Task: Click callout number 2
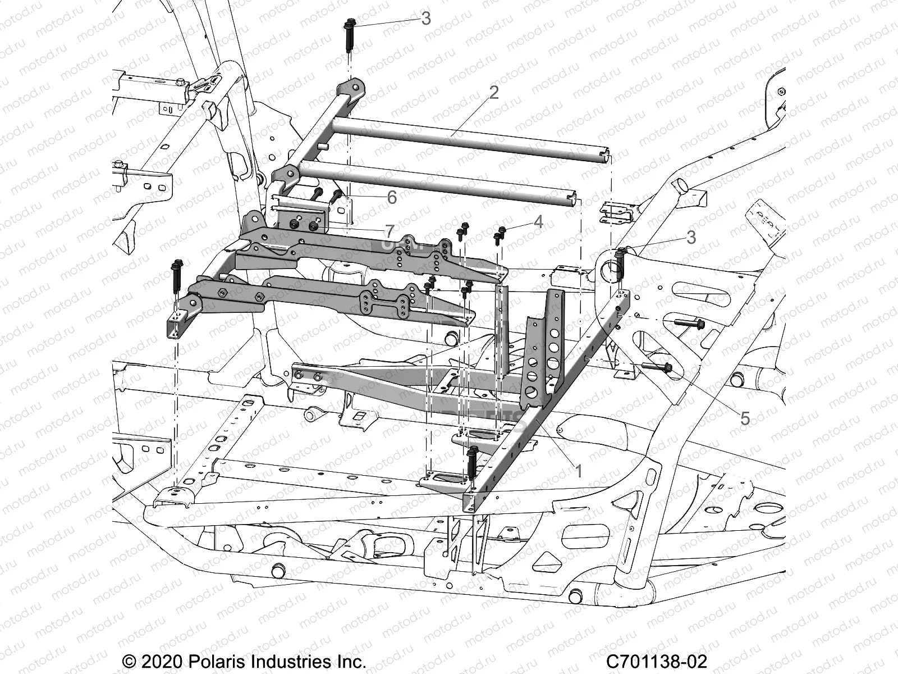point(494,92)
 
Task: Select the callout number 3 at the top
point(426,19)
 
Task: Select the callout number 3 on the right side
point(691,237)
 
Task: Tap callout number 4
point(538,221)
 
